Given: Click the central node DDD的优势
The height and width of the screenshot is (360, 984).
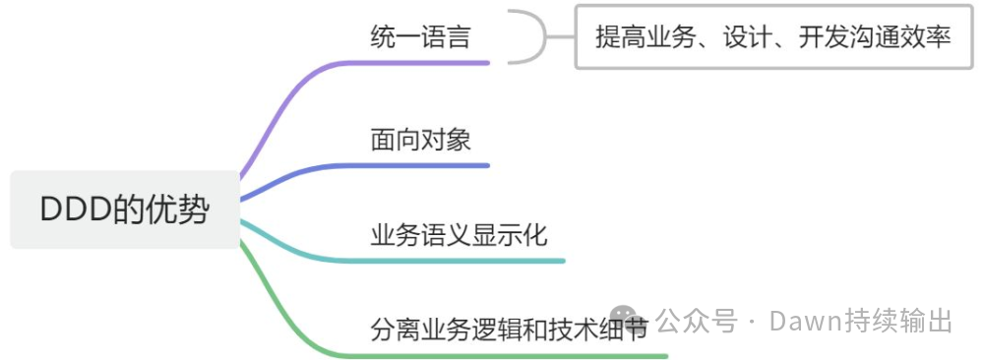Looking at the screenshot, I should (x=125, y=210).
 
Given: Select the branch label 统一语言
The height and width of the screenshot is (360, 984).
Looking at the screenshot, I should (x=420, y=37).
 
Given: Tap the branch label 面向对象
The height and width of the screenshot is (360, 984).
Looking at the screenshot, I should (x=420, y=140).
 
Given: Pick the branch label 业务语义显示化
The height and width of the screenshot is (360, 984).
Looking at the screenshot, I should (x=459, y=236).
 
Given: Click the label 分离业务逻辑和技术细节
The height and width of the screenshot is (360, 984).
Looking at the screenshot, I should (x=508, y=328).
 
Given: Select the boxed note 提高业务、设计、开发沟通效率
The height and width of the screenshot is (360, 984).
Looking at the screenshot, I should (x=772, y=37).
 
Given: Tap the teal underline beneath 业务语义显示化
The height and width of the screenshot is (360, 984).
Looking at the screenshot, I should (x=462, y=261).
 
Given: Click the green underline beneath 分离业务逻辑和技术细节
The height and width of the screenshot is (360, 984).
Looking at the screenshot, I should (x=512, y=355).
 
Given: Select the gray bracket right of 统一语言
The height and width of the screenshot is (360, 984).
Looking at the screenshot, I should (x=536, y=37).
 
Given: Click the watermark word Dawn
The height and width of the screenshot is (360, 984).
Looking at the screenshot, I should (x=805, y=321).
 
